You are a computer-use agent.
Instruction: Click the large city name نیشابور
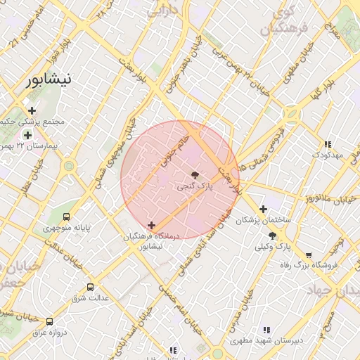[x=49, y=80]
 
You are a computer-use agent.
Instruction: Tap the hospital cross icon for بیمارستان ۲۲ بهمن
[x=27, y=135]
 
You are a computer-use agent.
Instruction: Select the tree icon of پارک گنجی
[x=194, y=174]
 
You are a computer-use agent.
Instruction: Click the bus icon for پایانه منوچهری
[x=66, y=217]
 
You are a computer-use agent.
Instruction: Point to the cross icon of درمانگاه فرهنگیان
[x=151, y=225]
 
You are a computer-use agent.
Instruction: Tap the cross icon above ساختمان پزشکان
[x=263, y=209]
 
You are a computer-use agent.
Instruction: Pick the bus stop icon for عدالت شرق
[x=90, y=287]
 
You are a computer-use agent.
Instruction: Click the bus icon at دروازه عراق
[x=49, y=321]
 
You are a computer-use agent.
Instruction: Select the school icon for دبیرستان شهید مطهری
[x=266, y=329]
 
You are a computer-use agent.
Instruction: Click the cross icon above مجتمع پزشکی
[x=32, y=110]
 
